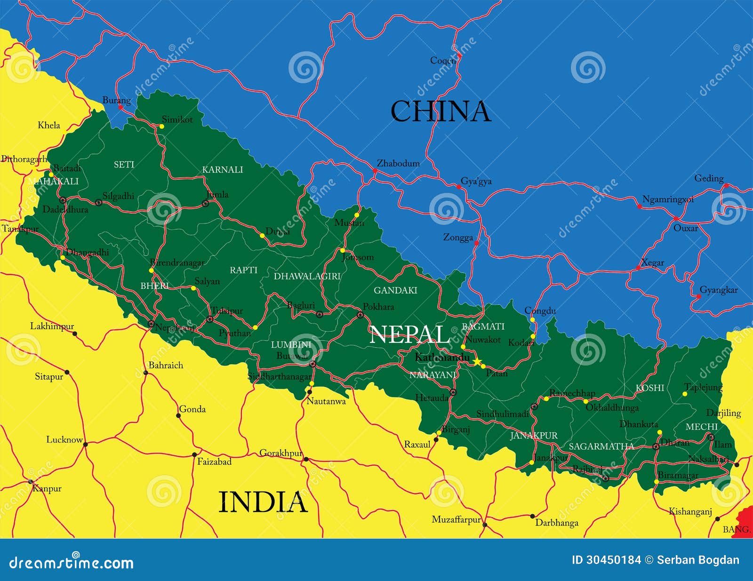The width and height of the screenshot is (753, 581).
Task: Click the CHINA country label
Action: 441,111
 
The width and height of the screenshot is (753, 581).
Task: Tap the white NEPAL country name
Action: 409,334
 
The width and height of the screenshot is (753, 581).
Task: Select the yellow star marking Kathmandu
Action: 477,361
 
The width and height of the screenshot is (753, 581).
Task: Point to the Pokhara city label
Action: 378,307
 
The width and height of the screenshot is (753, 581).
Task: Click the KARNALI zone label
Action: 222,169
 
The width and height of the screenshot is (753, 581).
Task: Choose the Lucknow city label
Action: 64,439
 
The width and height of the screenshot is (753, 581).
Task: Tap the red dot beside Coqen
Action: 459,56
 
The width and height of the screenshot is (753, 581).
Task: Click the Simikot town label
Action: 177,119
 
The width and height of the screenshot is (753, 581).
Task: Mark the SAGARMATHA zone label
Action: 601,446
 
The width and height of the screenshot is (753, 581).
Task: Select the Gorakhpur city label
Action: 281,453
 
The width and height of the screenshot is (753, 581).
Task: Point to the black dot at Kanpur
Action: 31,481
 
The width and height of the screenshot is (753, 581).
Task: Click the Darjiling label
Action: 723,413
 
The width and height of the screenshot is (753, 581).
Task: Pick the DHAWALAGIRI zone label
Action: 307,276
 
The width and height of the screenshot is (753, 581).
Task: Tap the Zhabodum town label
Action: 398,163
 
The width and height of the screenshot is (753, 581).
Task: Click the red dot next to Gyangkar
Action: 698,296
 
